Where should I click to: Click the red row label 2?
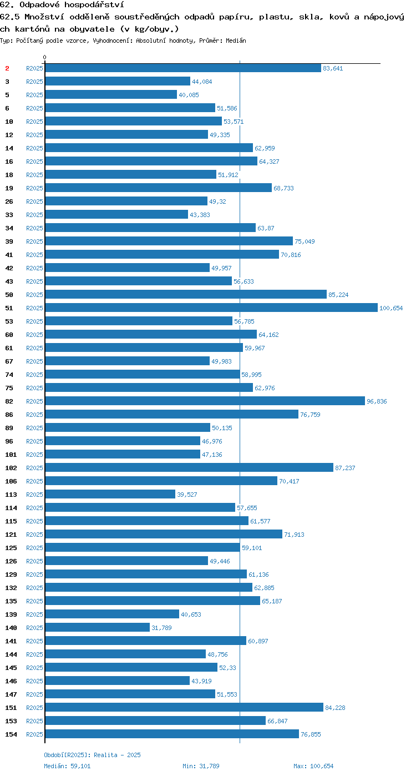coord(7,68)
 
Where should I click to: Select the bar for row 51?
coord(211,308)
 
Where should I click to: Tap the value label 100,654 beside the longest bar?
coord(391,308)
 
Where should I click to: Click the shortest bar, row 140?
coord(98,627)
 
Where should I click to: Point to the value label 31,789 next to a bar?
coord(161,628)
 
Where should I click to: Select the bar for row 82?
coord(205,401)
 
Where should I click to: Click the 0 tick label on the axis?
coord(44,57)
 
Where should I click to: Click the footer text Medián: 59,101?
coord(67,766)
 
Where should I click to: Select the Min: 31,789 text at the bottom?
coord(201,766)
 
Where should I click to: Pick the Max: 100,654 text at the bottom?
coord(313,766)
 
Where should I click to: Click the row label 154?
coord(11,734)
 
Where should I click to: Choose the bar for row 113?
coord(110,494)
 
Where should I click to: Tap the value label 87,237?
coord(345,468)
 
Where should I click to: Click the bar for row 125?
coord(143,547)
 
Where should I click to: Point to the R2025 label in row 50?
coord(34,295)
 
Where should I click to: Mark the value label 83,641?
coord(333,69)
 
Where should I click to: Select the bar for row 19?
coord(159,188)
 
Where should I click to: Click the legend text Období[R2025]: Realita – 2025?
coord(93,755)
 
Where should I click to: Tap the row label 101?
coord(11,455)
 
